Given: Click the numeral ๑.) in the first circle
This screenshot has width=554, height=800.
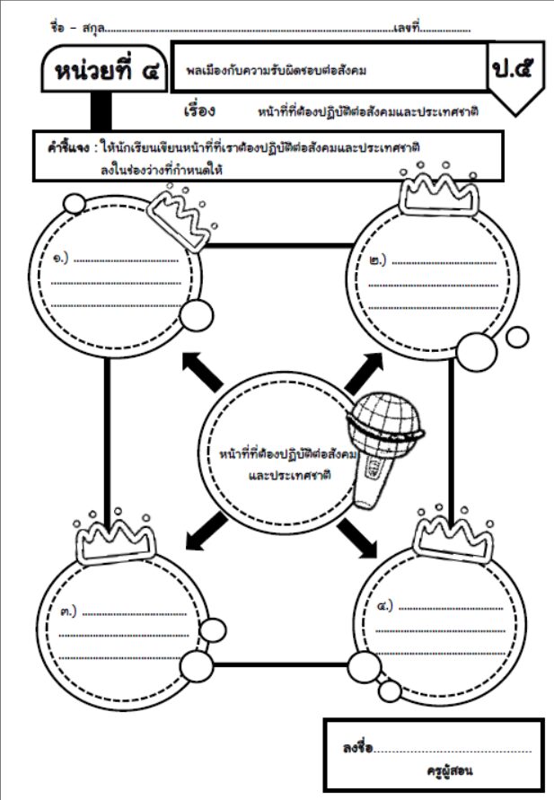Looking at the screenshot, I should pos(60,260).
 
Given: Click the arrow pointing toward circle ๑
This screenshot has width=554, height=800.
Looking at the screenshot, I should pos(202,370).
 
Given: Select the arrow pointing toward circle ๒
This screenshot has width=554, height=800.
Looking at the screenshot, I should pos(364,369).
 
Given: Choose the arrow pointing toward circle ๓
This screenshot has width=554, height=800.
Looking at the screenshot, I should pos(205,529).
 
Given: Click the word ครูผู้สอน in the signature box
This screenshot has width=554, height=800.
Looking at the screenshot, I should pos(450,770).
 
